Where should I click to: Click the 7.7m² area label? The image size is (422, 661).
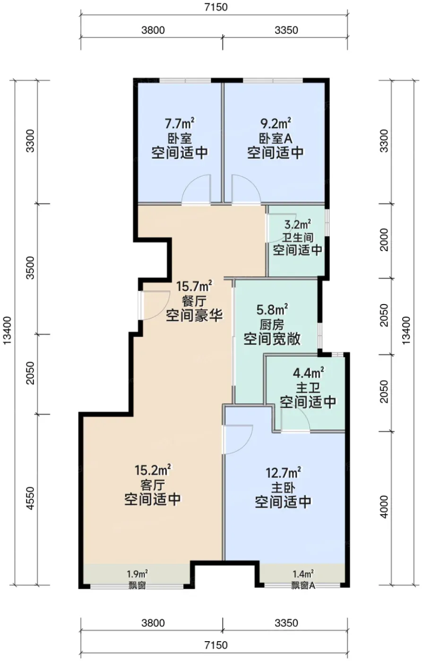pos(180,123)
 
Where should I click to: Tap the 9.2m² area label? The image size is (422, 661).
pos(275,123)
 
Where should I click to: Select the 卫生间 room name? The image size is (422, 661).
pos(297,237)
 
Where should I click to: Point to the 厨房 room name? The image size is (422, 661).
pos(272,325)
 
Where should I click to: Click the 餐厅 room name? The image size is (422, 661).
pos(194,302)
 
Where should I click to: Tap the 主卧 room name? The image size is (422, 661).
pos(283,488)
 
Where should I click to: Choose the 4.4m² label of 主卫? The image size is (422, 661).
pos(308,373)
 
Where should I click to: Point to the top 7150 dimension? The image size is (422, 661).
pos(216,7)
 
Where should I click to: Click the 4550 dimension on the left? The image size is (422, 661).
pos(30,498)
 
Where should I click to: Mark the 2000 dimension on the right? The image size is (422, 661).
pos(384,239)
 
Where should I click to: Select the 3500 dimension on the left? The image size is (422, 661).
pos(30,268)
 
